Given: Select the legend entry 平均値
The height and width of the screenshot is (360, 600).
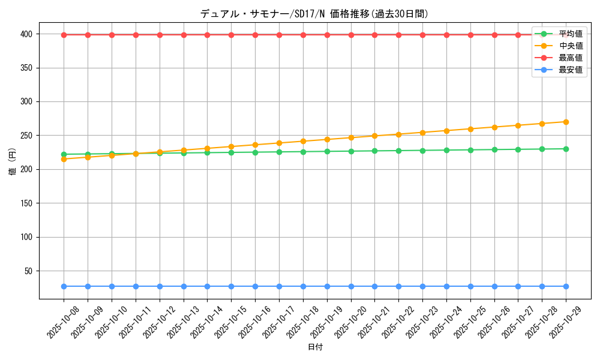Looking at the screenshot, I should [x=570, y=34].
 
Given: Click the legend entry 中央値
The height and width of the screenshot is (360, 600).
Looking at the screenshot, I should [x=570, y=46].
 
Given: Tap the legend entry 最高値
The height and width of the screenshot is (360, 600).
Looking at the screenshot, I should [x=570, y=58].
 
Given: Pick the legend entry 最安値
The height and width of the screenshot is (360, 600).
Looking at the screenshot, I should [x=570, y=70].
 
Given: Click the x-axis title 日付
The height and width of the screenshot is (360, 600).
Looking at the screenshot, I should [x=315, y=347].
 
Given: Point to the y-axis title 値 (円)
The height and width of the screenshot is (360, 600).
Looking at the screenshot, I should [x=13, y=163].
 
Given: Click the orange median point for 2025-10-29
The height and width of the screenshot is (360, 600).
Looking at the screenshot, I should [x=566, y=122].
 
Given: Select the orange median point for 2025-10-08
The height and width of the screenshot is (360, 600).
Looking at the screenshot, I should [x=64, y=159].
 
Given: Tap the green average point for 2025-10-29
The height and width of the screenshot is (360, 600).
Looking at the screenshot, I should [x=566, y=149].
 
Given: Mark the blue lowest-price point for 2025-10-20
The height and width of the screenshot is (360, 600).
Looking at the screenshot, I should [x=351, y=286].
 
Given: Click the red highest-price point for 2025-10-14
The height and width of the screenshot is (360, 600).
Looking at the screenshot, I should [x=207, y=35].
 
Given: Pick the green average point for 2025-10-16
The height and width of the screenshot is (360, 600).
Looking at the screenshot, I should [x=255, y=152].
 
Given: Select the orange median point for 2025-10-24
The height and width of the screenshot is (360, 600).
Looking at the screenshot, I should [x=446, y=130].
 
